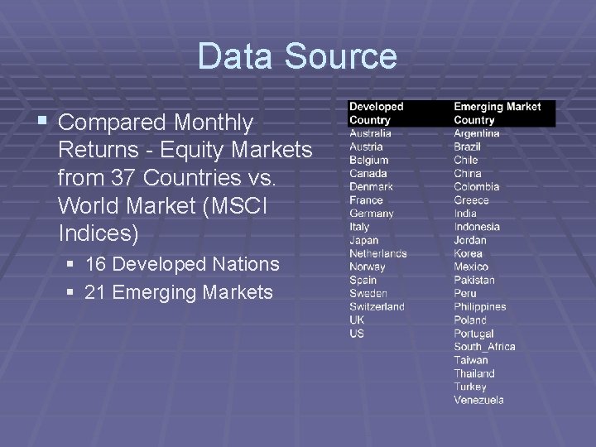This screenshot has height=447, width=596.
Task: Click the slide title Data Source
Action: click(297, 56)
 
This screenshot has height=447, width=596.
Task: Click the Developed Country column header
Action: click(376, 113)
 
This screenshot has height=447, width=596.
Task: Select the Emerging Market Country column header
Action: click(497, 113)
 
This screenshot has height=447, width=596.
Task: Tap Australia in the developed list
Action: click(370, 133)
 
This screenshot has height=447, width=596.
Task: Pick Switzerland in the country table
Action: click(377, 306)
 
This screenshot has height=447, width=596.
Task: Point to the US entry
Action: click(357, 333)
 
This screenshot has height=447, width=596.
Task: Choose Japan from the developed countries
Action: click(363, 240)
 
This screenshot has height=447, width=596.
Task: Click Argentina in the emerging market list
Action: click(477, 133)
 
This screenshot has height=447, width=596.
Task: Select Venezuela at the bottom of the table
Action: click(478, 400)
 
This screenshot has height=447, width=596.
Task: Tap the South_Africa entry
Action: click(484, 347)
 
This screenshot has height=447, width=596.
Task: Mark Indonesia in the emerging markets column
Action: click(477, 227)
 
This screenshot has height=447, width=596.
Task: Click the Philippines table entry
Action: click(479, 306)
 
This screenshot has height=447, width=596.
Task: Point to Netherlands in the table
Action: click(377, 253)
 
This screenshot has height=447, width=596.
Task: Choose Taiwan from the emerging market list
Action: click(471, 360)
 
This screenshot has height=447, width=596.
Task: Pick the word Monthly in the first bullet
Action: click(213, 123)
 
